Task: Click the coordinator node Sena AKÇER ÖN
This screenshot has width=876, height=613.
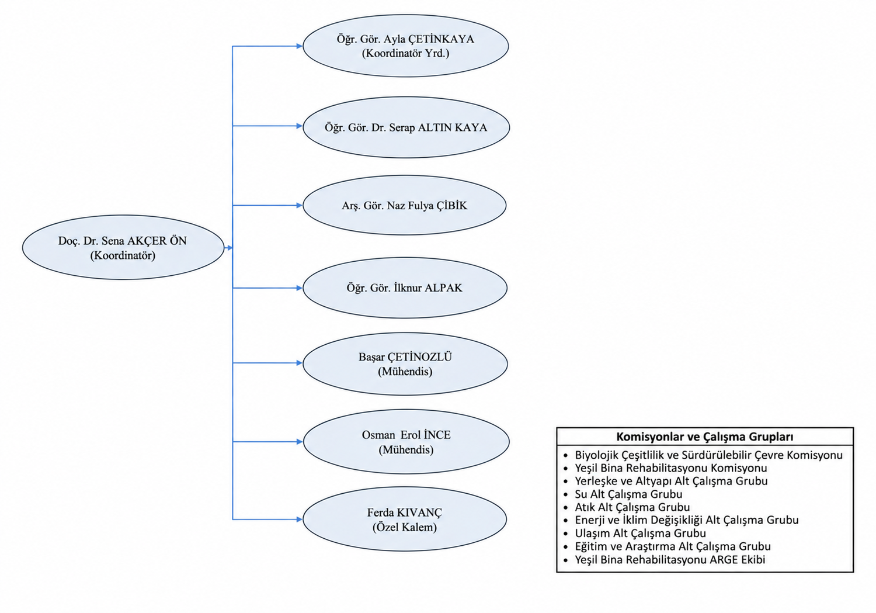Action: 123,247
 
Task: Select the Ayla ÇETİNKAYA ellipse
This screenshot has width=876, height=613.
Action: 405,46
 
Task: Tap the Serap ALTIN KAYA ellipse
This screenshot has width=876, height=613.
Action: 406,127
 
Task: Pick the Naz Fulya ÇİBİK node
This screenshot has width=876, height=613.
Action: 404,205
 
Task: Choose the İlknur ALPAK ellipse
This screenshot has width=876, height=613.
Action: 405,288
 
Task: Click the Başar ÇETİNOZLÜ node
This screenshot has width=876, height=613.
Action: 405,363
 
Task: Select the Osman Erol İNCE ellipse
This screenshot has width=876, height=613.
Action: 406,442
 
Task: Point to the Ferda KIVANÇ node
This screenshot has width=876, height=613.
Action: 405,519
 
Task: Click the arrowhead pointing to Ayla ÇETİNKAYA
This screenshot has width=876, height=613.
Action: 300,46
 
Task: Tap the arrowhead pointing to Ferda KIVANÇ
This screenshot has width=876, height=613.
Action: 300,520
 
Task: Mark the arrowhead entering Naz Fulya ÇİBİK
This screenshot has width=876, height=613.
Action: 300,205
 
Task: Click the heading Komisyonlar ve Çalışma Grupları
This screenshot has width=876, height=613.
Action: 705,437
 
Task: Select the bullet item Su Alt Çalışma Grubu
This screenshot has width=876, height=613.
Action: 628,494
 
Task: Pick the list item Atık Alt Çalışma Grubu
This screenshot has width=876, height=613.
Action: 632,507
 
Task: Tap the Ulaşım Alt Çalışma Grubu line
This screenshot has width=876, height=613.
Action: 640,533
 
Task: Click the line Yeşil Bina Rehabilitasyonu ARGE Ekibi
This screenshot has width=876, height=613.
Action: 670,559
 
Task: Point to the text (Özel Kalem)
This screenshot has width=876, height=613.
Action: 405,527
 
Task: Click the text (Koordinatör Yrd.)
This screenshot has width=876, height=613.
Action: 405,53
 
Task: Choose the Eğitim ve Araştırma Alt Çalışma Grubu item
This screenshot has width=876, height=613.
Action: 673,546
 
